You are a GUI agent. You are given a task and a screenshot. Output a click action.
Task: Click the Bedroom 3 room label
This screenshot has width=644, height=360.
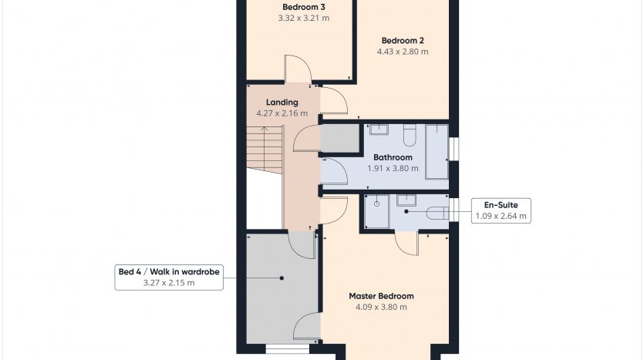pyautogui.click(x=304, y=7)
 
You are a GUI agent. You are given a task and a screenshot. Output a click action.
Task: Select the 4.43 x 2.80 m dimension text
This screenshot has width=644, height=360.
pyautogui.click(x=403, y=52)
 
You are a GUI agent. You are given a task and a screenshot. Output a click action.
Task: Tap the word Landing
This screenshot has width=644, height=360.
pyautogui.click(x=282, y=103)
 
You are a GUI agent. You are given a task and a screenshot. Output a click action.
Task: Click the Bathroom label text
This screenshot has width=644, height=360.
pyautogui.click(x=393, y=157)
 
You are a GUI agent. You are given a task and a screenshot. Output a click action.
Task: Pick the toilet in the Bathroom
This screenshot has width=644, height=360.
pyautogui.click(x=410, y=135)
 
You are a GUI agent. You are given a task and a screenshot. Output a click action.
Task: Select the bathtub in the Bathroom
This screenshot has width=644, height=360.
pyautogui.click(x=437, y=152)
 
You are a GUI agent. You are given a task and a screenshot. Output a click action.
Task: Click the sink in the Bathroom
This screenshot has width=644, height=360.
pyautogui.click(x=379, y=130)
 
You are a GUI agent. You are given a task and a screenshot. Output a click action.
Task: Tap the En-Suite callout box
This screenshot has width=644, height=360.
pyautogui.click(x=501, y=210)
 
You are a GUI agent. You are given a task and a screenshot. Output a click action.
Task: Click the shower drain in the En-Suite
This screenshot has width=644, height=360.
pyautogui.click(x=376, y=204)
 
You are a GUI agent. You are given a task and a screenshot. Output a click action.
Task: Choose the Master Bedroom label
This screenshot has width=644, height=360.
pyautogui.click(x=381, y=296)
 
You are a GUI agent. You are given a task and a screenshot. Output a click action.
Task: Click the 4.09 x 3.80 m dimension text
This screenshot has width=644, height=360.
pyautogui.click(x=381, y=307)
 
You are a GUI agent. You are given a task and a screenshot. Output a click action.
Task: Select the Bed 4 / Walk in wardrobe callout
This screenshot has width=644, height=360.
pyautogui.click(x=169, y=277)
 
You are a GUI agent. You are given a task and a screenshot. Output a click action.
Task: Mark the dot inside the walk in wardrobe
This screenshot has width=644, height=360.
pyautogui.click(x=282, y=278)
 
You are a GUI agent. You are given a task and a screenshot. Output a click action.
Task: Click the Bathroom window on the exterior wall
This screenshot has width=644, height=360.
pyautogui.click(x=453, y=148)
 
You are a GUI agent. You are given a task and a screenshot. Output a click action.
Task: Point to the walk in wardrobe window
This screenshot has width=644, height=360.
pyautogui.click(x=288, y=349)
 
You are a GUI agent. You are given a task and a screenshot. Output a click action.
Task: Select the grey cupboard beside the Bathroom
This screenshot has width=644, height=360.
pyautogui.click(x=339, y=138)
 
